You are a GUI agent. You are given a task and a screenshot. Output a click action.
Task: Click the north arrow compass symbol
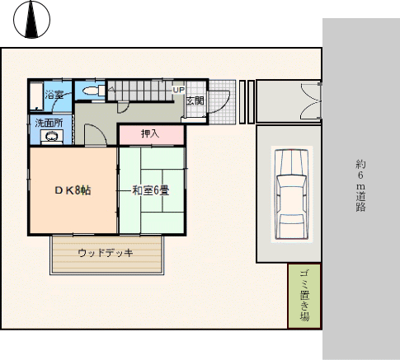point(31,20)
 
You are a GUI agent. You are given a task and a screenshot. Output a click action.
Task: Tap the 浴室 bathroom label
point(54,95)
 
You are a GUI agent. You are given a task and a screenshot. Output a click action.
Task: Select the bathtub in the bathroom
point(36,96)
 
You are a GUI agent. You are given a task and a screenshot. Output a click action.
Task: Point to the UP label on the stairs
point(178,90)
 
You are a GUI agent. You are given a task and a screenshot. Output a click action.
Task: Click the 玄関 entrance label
point(195,101)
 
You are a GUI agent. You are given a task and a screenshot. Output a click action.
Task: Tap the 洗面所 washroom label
point(49,124)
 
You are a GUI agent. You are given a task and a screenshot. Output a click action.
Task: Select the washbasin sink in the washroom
point(52,137)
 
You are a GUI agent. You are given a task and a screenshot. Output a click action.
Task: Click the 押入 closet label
point(150,133)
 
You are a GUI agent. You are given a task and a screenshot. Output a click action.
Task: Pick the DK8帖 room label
point(73,190)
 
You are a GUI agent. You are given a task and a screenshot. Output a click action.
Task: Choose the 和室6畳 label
point(151,190)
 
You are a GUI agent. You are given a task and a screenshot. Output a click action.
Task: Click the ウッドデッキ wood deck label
point(106,253)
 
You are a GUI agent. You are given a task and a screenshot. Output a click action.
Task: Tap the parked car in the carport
point(291,194)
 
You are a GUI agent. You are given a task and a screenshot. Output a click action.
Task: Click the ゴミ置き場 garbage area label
point(304,296)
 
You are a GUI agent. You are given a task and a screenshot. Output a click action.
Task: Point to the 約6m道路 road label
point(360,185)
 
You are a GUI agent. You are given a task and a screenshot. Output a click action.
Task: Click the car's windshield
point(291,181)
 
